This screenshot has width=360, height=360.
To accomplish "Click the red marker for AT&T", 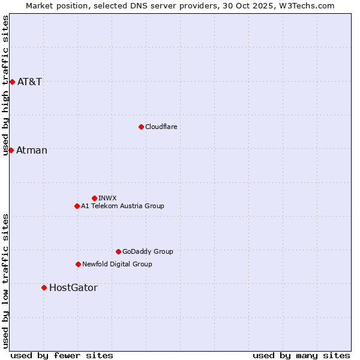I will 12,82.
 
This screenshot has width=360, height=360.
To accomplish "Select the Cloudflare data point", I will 141,127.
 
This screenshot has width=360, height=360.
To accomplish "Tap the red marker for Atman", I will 11,150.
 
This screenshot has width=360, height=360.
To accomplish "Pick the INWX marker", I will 94,198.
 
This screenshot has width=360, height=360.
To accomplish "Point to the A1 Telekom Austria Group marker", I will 77,206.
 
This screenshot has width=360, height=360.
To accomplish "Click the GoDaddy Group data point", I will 118,251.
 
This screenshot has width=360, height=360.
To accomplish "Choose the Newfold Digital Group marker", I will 78,264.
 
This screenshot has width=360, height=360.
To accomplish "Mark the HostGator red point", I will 44,287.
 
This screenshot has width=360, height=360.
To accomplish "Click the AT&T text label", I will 29,82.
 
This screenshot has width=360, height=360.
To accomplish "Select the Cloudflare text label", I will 161,127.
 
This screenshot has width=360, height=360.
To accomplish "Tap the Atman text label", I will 32,150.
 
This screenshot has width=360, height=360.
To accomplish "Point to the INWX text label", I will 107,198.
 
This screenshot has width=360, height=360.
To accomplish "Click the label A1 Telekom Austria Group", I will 122,206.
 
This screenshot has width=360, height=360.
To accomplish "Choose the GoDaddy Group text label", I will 148,251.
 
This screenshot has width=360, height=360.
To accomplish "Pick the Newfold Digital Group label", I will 117,264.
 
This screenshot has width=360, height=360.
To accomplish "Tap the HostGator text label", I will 73,287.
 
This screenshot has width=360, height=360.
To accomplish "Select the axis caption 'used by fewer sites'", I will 62,355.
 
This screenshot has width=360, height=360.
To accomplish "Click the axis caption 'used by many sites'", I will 301,355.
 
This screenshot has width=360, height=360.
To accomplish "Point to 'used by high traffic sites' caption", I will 5,85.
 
